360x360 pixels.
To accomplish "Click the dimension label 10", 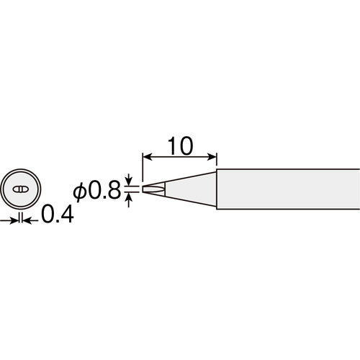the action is [x=181, y=146].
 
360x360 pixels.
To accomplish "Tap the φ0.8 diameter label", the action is [x=97, y=191].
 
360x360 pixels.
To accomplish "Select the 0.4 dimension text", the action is [x=58, y=215].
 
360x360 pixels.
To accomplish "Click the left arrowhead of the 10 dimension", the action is [x=148, y=157].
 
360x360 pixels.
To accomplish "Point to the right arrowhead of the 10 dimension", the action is [x=212, y=157].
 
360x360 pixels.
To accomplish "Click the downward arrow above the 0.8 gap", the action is [x=129, y=179].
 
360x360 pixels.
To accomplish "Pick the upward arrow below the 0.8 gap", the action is [x=129, y=201].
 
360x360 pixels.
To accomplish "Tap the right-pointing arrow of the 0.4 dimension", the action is [x=9, y=221].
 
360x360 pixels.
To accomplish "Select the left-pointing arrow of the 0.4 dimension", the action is [x=30, y=221].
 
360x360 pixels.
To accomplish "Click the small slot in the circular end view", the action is [x=21, y=189].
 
